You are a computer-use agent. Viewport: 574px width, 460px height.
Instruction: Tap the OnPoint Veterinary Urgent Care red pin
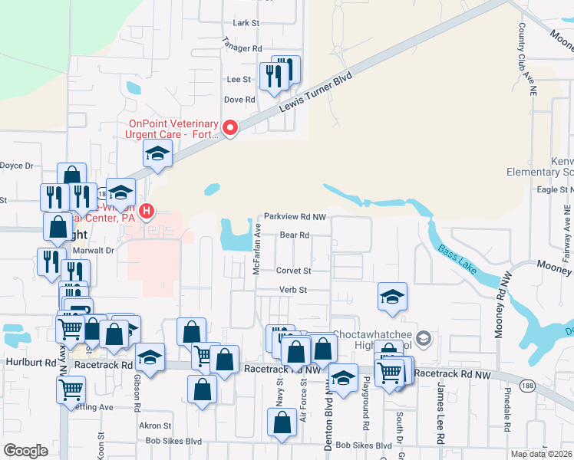pos(229,127)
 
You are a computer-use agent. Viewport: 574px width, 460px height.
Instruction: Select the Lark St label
pos(246,24)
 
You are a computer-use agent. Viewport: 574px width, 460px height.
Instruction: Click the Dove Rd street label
pos(239,100)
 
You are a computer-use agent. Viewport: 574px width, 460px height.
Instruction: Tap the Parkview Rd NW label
pos(295,217)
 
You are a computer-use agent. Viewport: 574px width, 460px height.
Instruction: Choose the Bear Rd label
pos(294,235)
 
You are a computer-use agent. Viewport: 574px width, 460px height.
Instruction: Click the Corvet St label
pos(294,271)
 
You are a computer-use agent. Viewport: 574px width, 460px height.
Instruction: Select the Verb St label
pos(292,290)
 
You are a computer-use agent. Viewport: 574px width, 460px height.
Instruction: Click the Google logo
pos(25,450)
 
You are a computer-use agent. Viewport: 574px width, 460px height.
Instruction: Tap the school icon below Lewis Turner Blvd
pos(157,153)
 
